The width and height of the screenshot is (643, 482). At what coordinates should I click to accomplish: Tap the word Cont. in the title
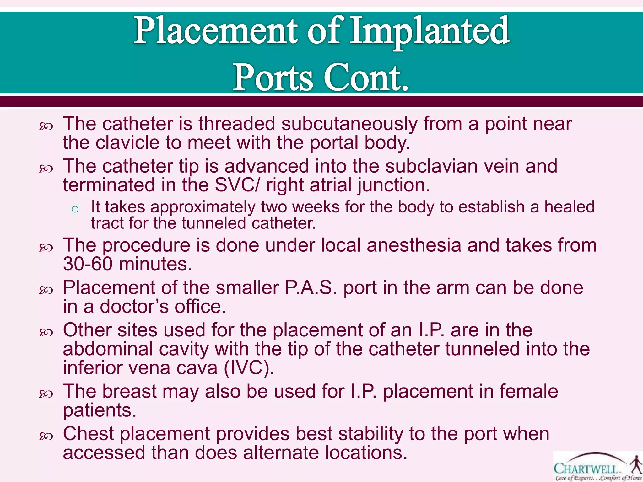pos(366,77)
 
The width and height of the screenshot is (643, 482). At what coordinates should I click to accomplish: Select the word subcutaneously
pos(349,124)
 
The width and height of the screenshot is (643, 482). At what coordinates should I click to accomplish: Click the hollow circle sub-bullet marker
pos(75,209)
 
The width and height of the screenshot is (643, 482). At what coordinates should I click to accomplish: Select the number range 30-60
pos(88,264)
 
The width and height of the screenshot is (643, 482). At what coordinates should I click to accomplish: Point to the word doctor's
pos(134,307)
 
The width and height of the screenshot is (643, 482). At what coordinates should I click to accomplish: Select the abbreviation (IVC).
pos(249,368)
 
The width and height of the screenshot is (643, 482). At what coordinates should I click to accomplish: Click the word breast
pos(129,392)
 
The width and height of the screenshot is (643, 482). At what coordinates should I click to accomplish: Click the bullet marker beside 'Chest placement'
pos(46,436)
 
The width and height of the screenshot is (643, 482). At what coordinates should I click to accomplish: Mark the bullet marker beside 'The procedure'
pos(46,248)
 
